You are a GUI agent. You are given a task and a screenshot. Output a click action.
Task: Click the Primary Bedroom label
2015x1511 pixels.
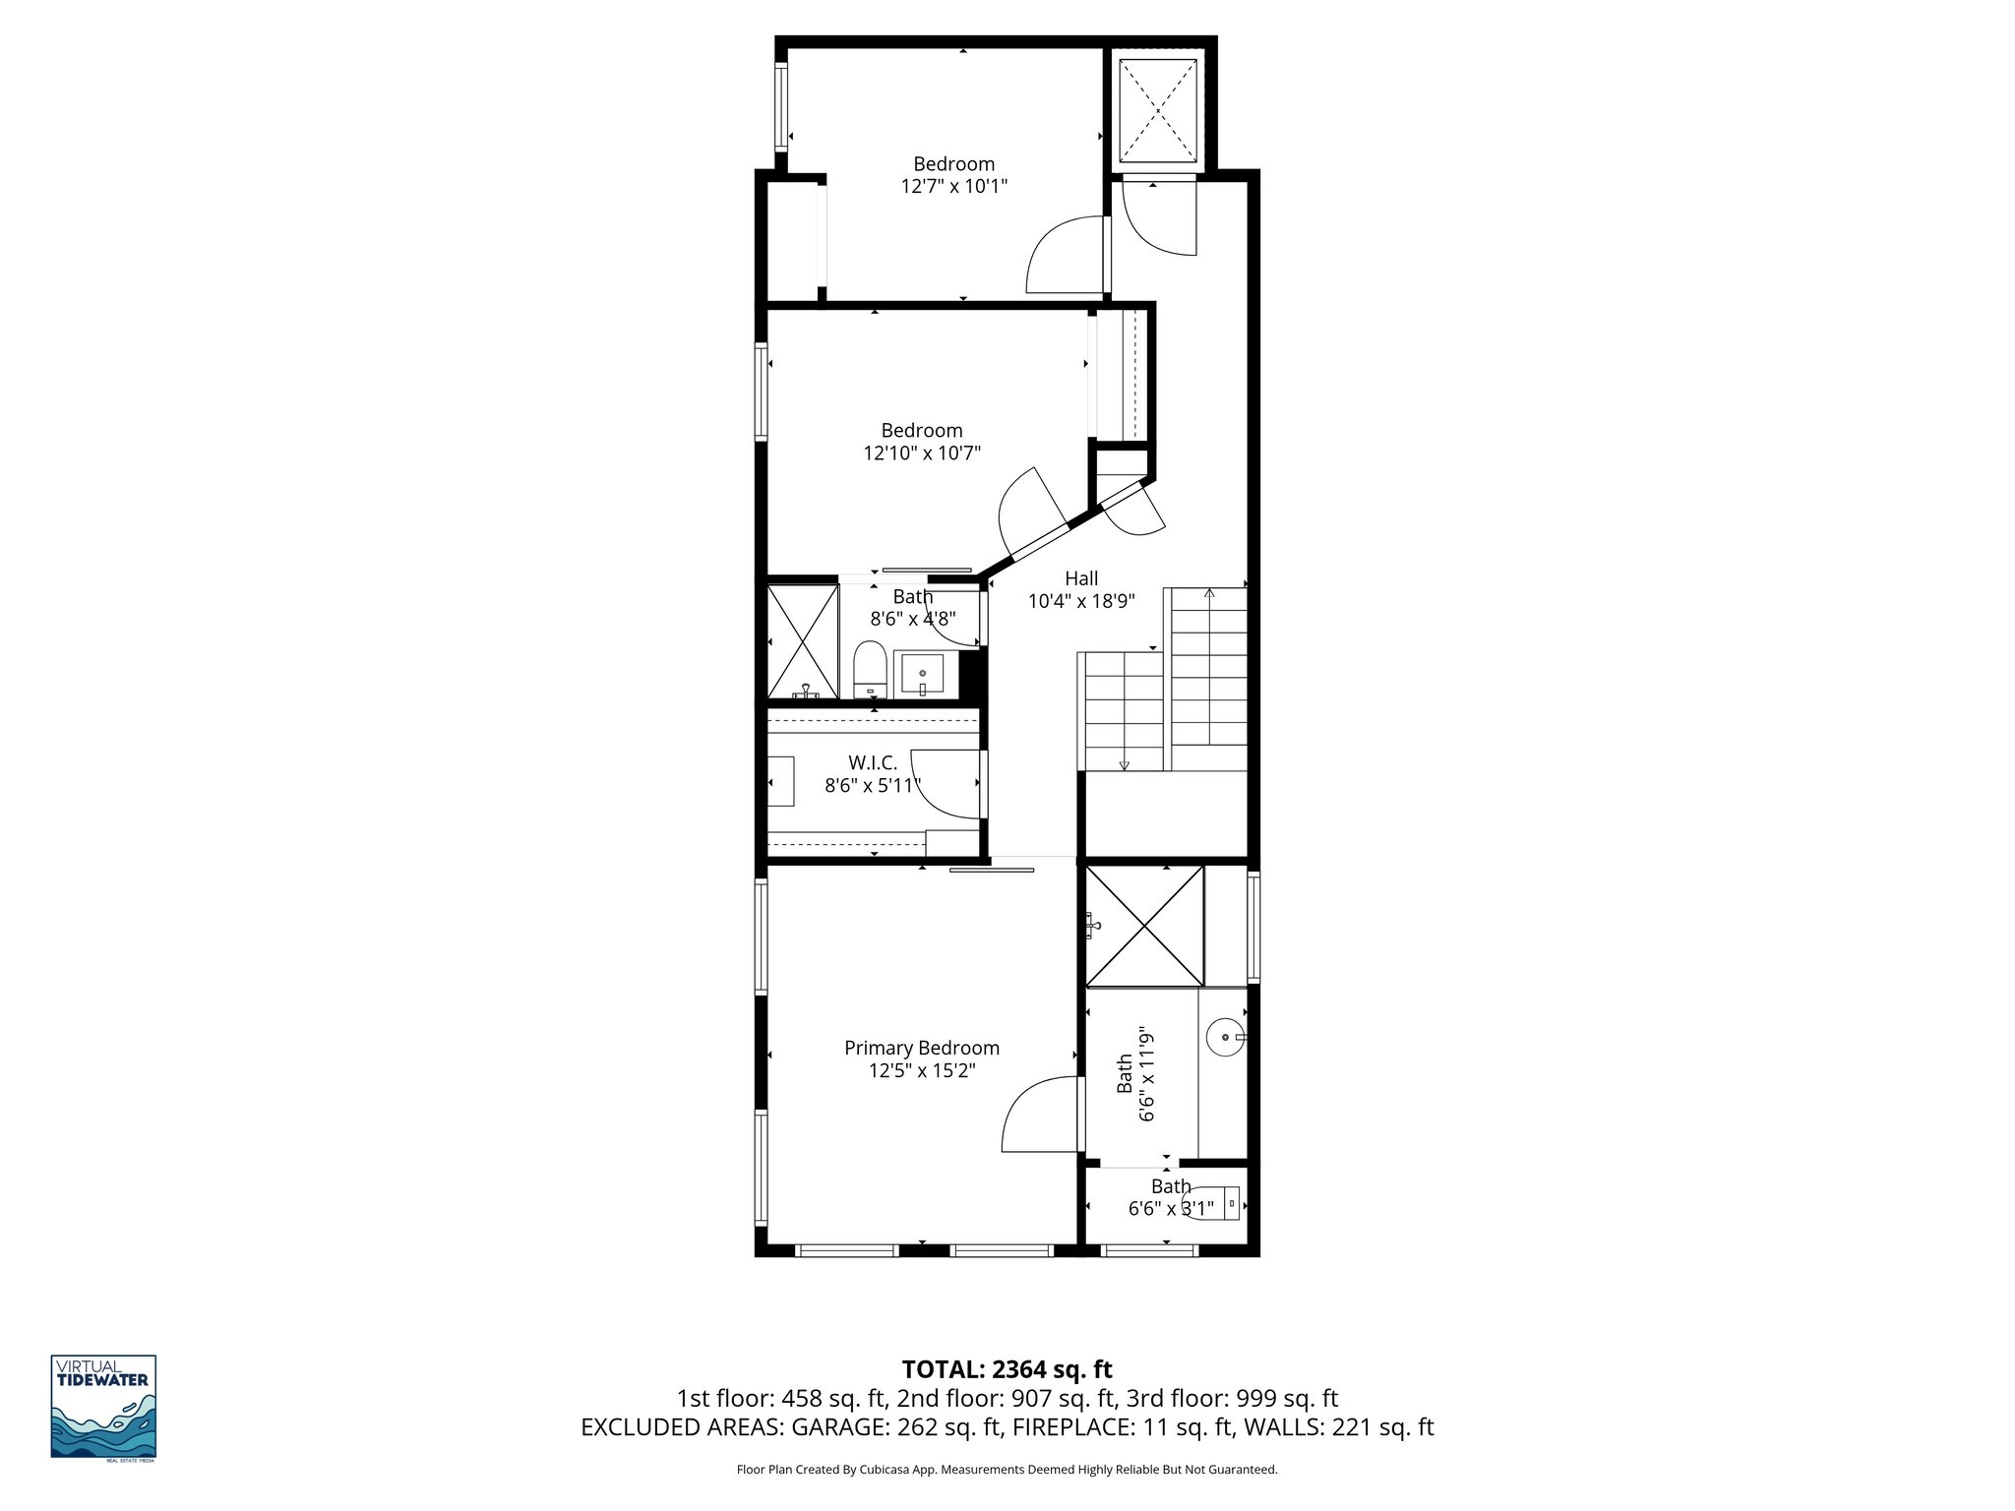[x=921, y=1049]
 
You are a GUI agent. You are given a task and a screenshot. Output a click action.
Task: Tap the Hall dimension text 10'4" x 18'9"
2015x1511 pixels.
[x=1081, y=601]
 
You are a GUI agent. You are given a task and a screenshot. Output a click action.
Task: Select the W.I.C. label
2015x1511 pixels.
[x=873, y=762]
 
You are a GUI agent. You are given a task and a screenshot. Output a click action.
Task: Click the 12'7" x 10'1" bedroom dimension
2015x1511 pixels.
[x=953, y=186]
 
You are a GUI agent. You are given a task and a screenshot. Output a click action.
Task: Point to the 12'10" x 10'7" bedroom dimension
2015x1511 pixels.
[x=922, y=453]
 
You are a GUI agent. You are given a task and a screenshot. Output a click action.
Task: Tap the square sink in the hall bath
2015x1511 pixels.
[x=922, y=674]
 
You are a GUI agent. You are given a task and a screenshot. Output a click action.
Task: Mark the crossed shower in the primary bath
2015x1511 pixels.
[x=1143, y=926]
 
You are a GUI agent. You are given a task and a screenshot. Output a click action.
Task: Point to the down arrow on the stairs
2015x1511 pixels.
[x=1124, y=765]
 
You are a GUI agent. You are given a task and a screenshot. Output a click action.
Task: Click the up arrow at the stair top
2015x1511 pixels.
[x=1209, y=593]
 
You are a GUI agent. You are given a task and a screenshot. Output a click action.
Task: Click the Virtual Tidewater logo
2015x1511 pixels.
[x=103, y=1408]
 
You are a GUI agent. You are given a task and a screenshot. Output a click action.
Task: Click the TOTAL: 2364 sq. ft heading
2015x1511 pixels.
[x=1007, y=1369]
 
